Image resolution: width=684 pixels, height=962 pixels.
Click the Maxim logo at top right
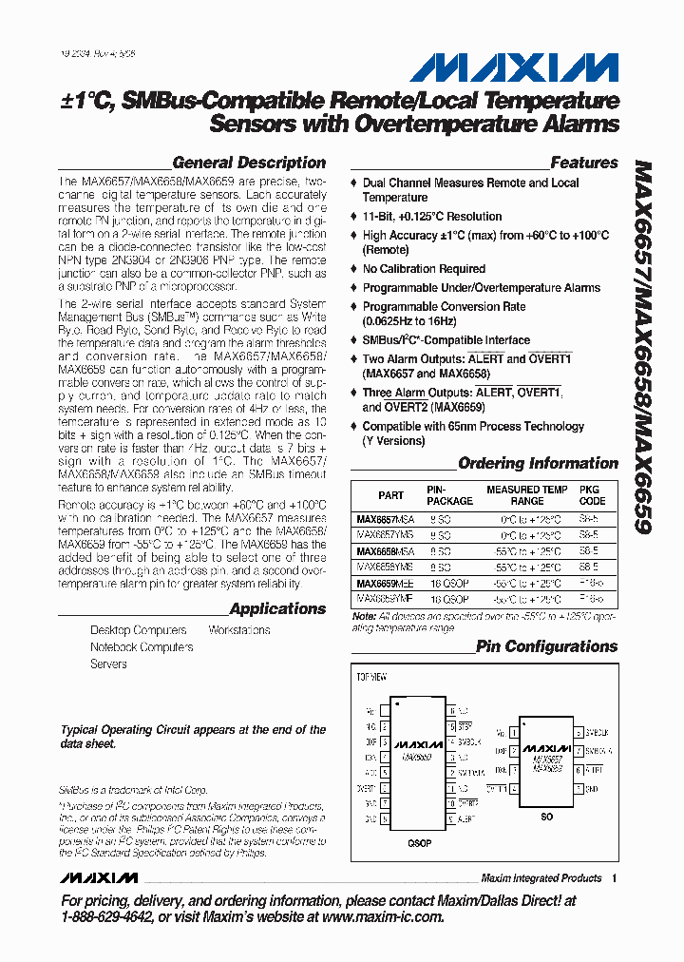point(514,67)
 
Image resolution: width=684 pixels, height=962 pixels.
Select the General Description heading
point(249,163)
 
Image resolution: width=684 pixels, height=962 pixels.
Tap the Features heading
point(583,163)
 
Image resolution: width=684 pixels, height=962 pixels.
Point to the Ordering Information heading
point(538,463)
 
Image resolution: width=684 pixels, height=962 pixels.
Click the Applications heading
point(277,608)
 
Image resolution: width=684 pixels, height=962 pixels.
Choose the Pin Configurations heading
point(546,646)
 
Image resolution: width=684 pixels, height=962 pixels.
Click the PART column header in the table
point(390,495)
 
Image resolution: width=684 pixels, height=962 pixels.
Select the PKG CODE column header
point(592,495)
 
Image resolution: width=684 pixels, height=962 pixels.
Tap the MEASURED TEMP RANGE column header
point(527,495)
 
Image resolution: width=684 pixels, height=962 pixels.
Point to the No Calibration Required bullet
point(424,269)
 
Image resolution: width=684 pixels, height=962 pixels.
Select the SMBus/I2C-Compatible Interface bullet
point(446,339)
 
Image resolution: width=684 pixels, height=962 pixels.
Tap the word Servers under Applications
point(108,664)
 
